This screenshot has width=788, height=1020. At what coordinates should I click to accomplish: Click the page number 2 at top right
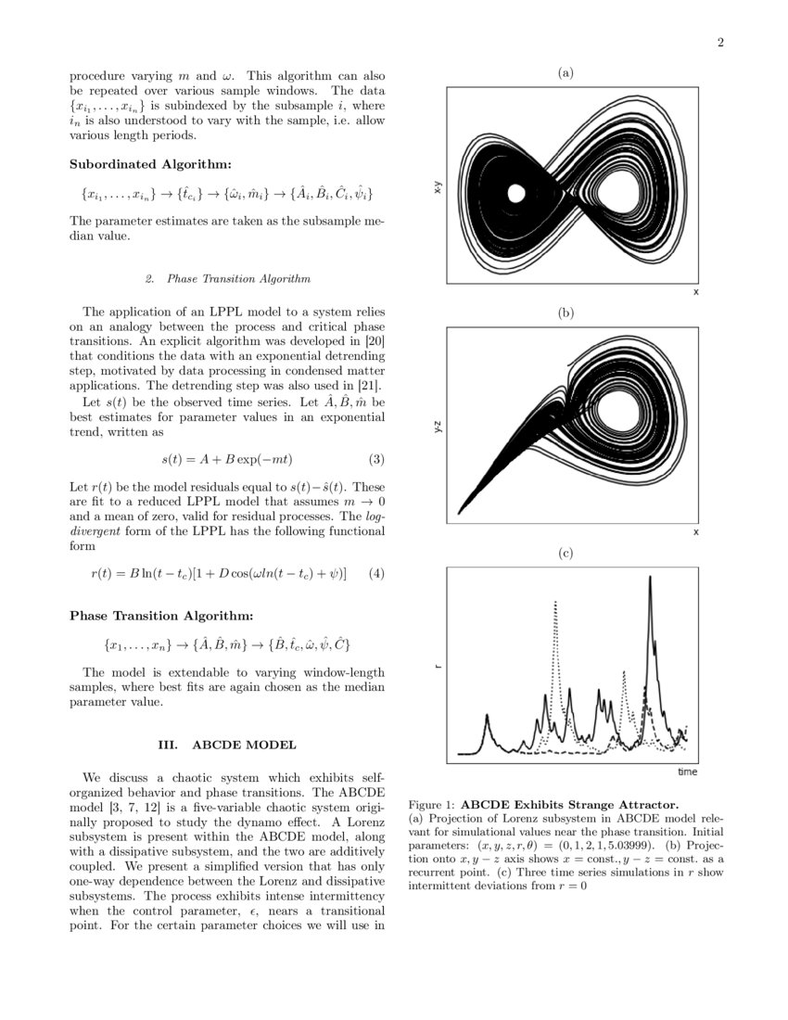click(719, 42)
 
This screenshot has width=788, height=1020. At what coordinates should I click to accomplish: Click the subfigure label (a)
click(566, 72)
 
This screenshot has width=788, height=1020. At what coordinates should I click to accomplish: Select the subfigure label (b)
click(566, 313)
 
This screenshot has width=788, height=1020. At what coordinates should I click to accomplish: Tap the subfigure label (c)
click(566, 554)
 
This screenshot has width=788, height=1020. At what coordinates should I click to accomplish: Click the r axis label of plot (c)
click(437, 665)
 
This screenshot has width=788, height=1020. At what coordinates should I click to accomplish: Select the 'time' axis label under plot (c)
click(687, 771)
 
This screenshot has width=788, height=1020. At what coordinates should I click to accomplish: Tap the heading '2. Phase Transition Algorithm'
click(227, 278)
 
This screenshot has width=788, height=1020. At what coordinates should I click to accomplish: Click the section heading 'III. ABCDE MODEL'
click(227, 745)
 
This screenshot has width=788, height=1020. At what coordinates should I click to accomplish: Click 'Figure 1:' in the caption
click(432, 804)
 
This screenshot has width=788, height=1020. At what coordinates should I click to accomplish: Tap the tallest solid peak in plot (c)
click(651, 578)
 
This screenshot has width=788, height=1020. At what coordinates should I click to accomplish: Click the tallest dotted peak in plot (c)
click(554, 603)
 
